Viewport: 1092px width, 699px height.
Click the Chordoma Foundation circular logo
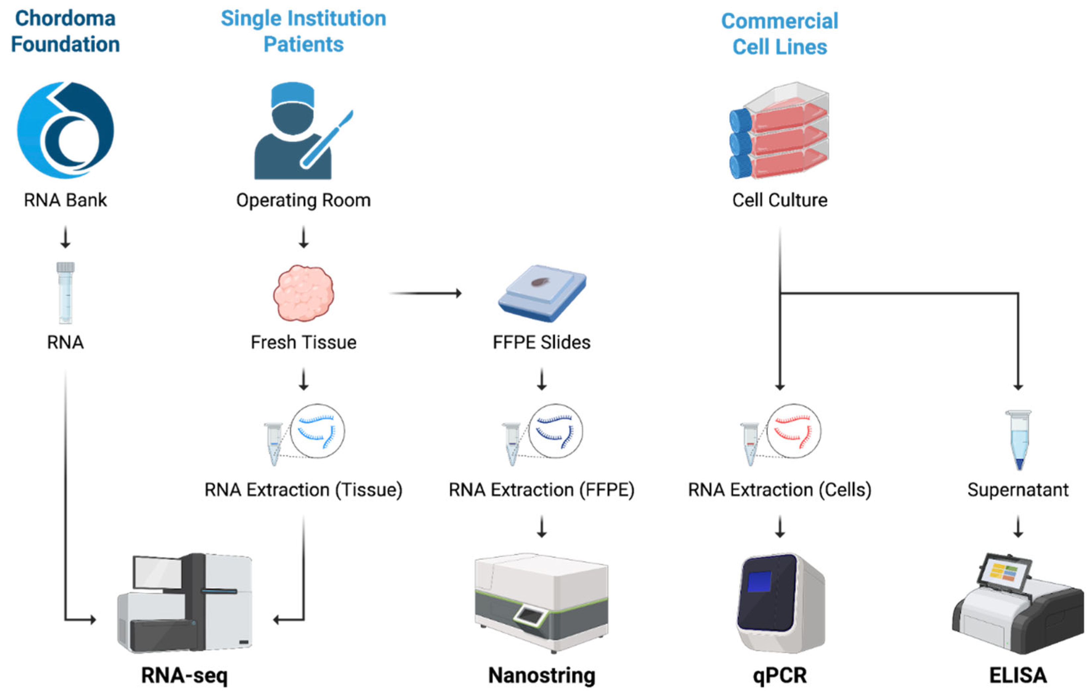(x=65, y=130)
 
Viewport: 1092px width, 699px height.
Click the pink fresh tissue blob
(x=303, y=293)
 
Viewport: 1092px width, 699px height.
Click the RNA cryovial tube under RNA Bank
(x=65, y=293)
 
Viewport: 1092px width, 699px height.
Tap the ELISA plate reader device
(x=1018, y=604)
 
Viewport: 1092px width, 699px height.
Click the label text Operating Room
(x=303, y=200)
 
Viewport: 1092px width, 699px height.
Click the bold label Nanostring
(x=542, y=675)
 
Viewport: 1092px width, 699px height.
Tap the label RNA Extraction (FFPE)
(x=542, y=490)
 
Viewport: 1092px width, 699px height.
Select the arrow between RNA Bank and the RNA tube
(x=65, y=237)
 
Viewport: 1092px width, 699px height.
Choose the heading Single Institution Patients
(x=303, y=31)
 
